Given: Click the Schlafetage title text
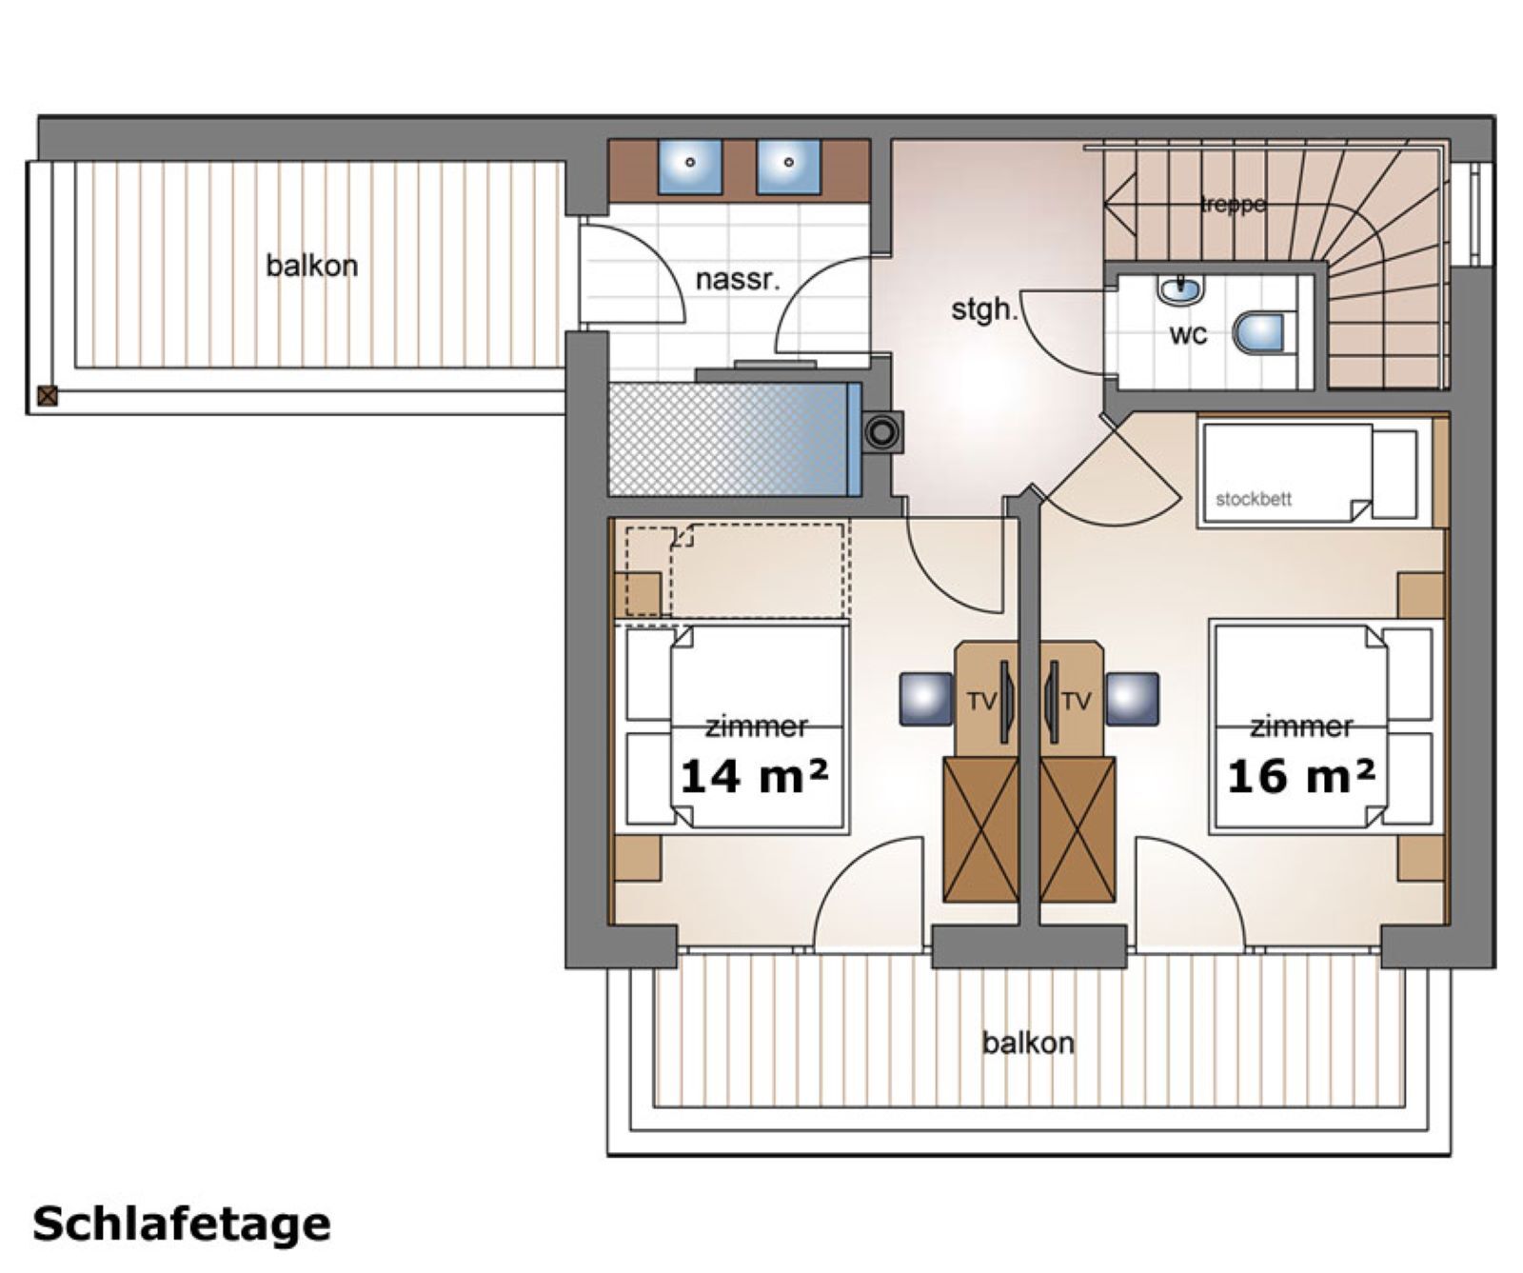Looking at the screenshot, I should [x=181, y=1223].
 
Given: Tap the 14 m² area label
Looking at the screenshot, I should [x=753, y=777].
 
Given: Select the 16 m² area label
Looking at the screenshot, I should [x=1300, y=777].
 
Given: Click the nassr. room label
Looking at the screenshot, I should [x=738, y=280].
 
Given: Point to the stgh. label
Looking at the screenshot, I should [x=984, y=309].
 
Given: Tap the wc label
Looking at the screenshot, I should [x=1188, y=334].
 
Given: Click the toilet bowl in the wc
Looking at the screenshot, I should [x=1260, y=332].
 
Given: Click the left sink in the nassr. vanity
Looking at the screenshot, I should [x=690, y=164].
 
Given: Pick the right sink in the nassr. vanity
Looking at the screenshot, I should [x=788, y=164].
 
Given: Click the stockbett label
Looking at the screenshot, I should [x=1254, y=499].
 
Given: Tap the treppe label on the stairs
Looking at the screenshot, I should [x=1234, y=204].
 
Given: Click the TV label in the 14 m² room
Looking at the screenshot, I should [x=981, y=702].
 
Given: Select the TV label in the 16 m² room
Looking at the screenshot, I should [x=1076, y=702].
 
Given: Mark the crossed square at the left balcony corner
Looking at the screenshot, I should [x=47, y=395].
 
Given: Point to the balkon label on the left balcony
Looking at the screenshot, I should [x=311, y=266].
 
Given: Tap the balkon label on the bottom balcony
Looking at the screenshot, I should [x=1028, y=1044].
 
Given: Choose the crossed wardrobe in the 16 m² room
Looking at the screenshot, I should [x=1078, y=829].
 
